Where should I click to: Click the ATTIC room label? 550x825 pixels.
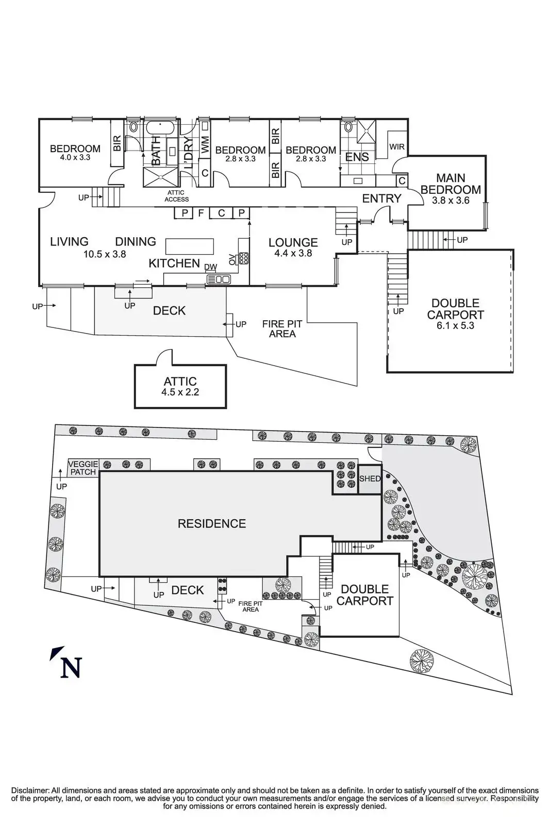(x=180, y=382)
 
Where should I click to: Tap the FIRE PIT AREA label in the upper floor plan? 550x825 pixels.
(x=282, y=328)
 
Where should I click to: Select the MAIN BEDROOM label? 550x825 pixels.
(x=451, y=184)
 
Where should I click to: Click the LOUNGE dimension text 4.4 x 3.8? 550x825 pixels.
(x=293, y=253)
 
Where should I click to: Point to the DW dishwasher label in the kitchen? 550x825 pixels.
(x=210, y=267)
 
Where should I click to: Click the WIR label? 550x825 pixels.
(x=397, y=147)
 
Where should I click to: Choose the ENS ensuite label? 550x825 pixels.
(x=357, y=157)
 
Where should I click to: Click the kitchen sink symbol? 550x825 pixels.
(x=219, y=279)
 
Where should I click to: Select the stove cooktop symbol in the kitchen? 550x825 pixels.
(x=243, y=257)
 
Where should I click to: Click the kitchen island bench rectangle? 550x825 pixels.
(x=189, y=246)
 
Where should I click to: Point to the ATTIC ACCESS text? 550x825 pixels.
(x=176, y=196)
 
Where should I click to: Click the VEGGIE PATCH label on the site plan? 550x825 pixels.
(x=83, y=468)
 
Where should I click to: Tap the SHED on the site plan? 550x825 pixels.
(x=370, y=479)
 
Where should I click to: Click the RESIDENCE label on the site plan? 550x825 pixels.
(x=211, y=524)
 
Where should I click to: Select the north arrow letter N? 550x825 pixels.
(x=70, y=668)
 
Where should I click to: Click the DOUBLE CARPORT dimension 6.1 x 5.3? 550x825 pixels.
(x=455, y=326)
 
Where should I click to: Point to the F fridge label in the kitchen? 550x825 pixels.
(x=201, y=212)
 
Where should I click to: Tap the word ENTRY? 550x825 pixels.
(x=381, y=199)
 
